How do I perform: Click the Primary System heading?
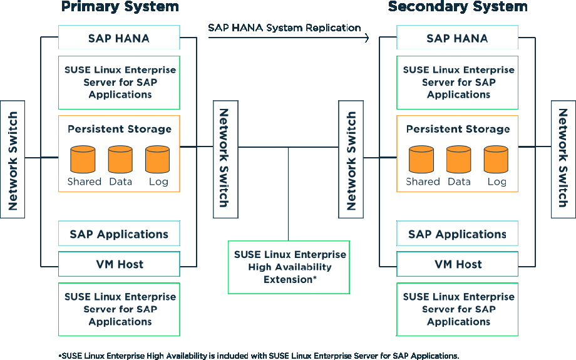pyautogui.click(x=120, y=7)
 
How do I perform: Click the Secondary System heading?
pyautogui.click(x=458, y=7)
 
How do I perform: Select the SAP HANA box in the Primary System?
pyautogui.click(x=119, y=38)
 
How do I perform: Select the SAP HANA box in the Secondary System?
pyautogui.click(x=457, y=38)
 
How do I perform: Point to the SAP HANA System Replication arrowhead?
pyautogui.click(x=366, y=38)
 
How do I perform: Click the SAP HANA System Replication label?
pyautogui.click(x=284, y=28)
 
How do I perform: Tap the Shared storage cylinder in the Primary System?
pyautogui.click(x=83, y=160)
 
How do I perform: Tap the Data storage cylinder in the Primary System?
pyautogui.click(x=120, y=160)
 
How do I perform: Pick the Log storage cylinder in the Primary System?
pyautogui.click(x=158, y=160)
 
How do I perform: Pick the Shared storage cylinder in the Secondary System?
pyautogui.click(x=421, y=160)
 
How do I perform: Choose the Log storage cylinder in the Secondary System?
pyautogui.click(x=496, y=160)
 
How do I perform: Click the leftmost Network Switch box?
pyautogui.click(x=13, y=159)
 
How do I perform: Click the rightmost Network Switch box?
pyautogui.click(x=563, y=159)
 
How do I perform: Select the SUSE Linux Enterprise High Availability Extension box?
pyautogui.click(x=289, y=267)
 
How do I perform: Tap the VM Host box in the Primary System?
pyautogui.click(x=119, y=264)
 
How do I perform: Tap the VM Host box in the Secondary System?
pyautogui.click(x=457, y=264)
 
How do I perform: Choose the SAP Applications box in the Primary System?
pyautogui.click(x=119, y=234)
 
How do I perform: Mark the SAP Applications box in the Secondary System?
pyautogui.click(x=457, y=234)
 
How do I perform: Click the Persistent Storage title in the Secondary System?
pyautogui.click(x=458, y=129)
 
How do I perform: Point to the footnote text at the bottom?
pyautogui.click(x=259, y=355)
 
